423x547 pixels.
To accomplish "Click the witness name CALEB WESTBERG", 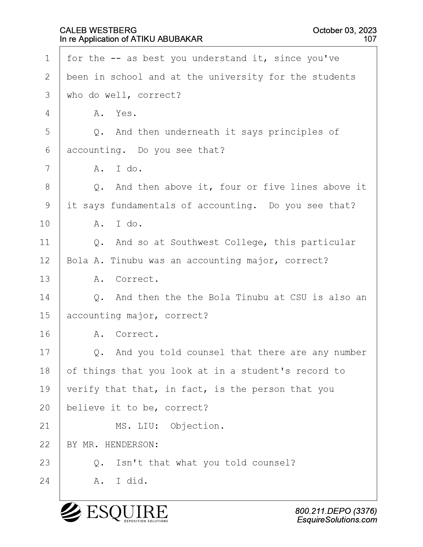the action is (98, 30).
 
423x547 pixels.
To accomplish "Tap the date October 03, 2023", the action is (344, 30).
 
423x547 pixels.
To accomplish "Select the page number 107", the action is (370, 39).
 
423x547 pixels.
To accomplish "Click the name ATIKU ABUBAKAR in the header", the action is (166, 39).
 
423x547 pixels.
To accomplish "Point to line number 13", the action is (45, 279).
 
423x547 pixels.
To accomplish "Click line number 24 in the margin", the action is (45, 481).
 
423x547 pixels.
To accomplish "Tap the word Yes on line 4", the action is (124, 113).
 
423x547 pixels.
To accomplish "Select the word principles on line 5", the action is (295, 132).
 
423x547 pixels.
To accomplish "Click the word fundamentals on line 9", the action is (143, 206).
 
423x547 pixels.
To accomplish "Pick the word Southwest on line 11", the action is (195, 242).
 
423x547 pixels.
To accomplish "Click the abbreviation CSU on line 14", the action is (298, 297).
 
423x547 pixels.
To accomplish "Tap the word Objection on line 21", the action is (194, 426).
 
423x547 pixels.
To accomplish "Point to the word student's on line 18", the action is (266, 371).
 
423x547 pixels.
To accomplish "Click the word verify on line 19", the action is (83, 390).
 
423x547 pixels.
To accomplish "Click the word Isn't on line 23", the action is (129, 463).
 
